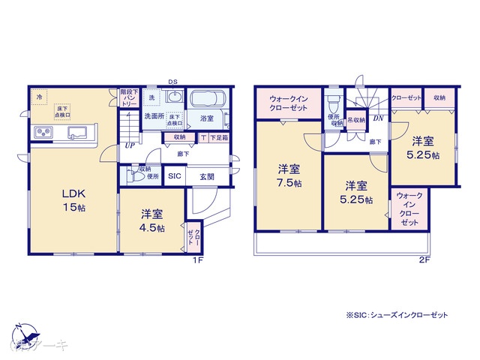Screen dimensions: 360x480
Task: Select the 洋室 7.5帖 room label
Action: pyautogui.click(x=289, y=176)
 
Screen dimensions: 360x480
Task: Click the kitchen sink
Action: pyautogui.click(x=78, y=133)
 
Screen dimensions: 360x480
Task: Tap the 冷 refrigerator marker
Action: pyautogui.click(x=37, y=96)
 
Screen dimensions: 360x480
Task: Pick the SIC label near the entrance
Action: pyautogui.click(x=174, y=176)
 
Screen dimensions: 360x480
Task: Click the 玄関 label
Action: pyautogui.click(x=206, y=176)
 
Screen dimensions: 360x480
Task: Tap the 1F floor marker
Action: pyautogui.click(x=197, y=259)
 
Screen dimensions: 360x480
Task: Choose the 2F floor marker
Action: pyautogui.click(x=424, y=259)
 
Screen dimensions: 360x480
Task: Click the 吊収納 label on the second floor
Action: pyautogui.click(x=355, y=119)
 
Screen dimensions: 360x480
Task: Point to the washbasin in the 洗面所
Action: pyautogui.click(x=174, y=98)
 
